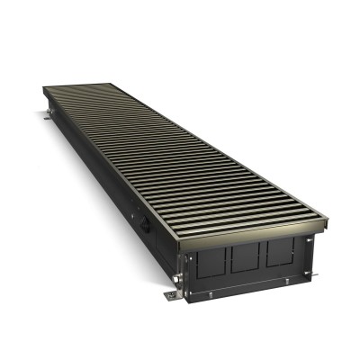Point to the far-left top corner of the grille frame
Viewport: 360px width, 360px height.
pos(42,87)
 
